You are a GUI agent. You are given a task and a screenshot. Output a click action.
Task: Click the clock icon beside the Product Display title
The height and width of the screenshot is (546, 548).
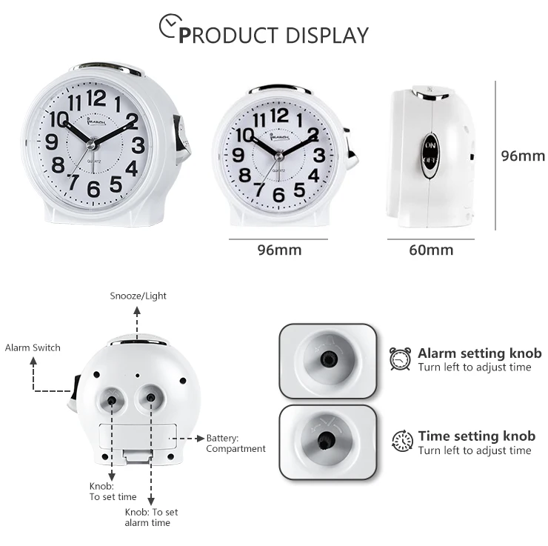coord(171,29)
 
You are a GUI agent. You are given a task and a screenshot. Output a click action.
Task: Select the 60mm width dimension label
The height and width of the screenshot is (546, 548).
coord(431,250)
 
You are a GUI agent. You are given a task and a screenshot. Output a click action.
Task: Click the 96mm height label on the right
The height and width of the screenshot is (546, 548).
coord(523,156)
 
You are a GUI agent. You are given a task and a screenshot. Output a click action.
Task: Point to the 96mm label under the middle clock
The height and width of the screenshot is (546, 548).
coord(279,250)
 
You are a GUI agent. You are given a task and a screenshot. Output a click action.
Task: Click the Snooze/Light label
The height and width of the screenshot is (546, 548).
coord(138,296)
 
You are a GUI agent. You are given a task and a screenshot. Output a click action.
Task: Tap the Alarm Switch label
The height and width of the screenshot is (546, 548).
coord(33,347)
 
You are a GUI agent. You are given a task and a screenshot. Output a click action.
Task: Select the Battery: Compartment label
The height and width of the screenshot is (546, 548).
coord(235,443)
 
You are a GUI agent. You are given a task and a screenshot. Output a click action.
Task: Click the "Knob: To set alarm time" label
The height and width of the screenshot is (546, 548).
coord(151,517)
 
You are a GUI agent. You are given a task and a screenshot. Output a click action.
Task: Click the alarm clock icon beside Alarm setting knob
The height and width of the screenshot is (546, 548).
coord(401,359)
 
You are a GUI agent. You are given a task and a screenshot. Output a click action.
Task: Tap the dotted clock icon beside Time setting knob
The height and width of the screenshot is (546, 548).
coord(402,442)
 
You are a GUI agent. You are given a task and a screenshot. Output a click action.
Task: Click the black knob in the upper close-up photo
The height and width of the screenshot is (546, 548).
coord(324,359)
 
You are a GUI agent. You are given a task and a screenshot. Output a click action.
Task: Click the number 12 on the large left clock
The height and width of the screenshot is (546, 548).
coord(96,97)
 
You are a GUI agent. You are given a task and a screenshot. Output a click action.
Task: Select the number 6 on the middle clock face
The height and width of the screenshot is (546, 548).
coord(279,195)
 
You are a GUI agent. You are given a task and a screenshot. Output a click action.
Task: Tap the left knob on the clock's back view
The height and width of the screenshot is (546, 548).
coord(112,400)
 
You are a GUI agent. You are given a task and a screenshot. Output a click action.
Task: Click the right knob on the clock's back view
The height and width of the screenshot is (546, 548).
coord(151,398)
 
